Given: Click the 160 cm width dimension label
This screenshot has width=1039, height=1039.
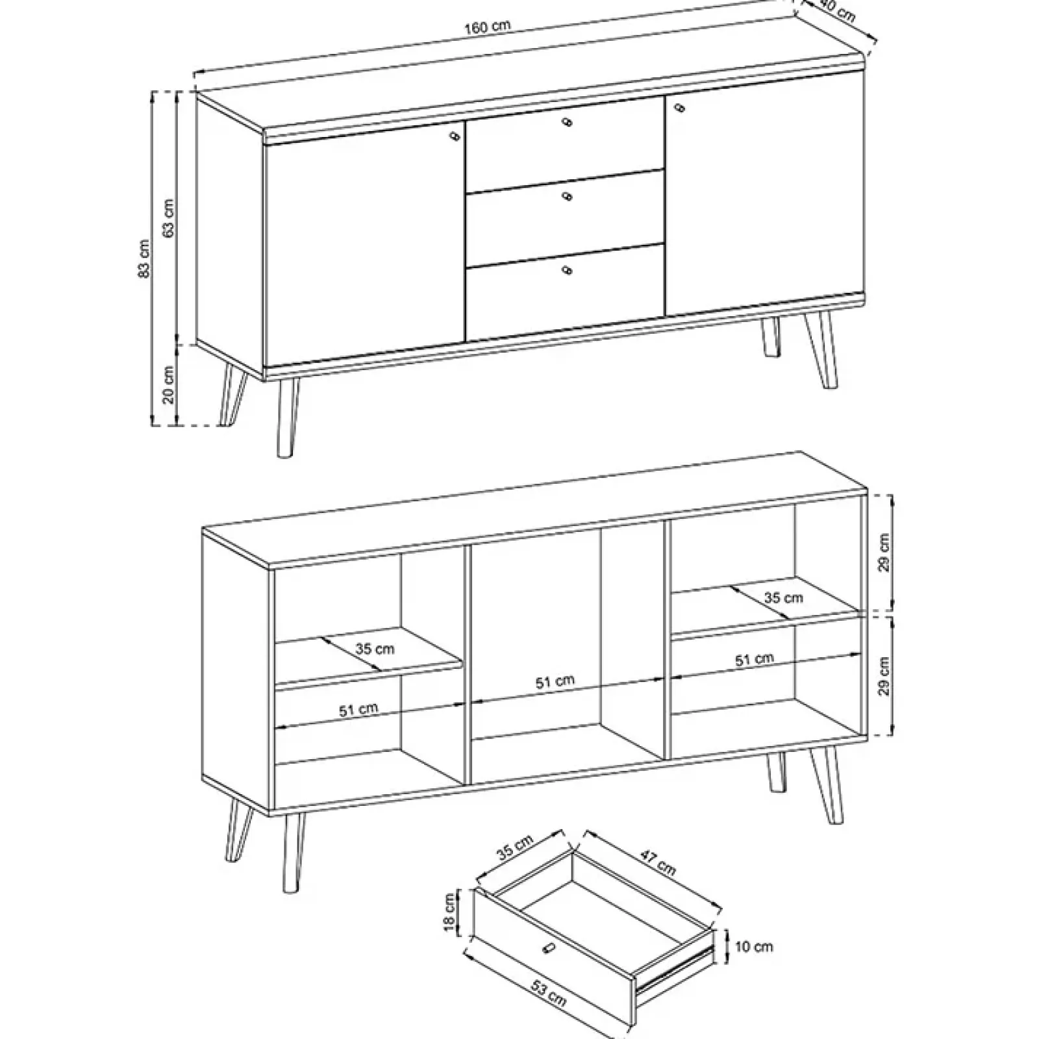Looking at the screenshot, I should click(488, 27).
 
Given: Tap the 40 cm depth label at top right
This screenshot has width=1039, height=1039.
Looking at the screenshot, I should click(838, 12).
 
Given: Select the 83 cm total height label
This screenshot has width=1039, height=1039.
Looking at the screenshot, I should click(144, 258).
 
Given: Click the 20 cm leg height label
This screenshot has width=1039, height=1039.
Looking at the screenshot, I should click(168, 385).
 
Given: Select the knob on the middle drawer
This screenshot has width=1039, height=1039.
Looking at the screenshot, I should click(568, 196).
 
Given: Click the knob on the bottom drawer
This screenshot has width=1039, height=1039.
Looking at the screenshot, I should click(568, 270).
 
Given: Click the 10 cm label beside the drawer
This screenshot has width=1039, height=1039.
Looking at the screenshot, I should click(753, 946).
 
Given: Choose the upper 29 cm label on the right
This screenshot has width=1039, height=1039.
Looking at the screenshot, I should click(884, 553).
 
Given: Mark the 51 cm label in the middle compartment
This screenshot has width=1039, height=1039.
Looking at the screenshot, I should click(555, 682).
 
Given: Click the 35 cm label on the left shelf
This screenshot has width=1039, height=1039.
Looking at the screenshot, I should click(375, 648).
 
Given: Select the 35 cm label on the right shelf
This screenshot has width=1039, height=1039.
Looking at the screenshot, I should click(783, 597).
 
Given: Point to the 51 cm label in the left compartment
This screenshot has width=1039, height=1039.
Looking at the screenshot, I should click(358, 710).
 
